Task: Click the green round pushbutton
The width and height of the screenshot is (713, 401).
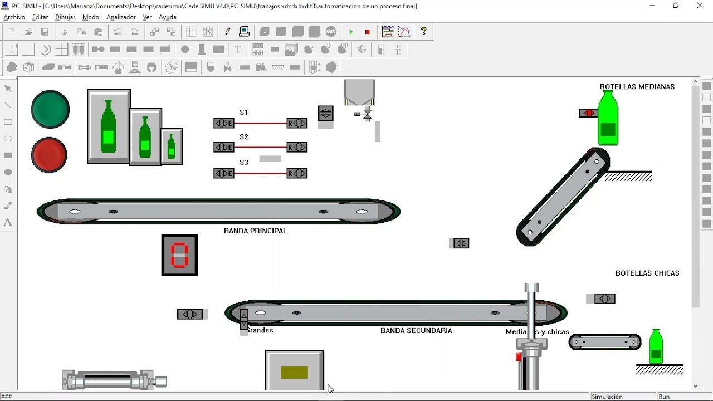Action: [51, 109]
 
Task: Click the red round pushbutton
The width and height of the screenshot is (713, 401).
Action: [50, 154]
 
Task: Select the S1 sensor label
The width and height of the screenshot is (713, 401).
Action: [243, 113]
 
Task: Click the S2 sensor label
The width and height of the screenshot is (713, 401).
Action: [243, 137]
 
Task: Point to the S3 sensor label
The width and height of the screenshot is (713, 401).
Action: [243, 163]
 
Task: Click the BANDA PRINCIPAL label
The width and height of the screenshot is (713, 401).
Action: [255, 231]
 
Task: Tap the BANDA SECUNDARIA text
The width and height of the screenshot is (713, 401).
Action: [416, 331]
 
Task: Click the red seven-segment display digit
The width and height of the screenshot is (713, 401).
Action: [179, 256]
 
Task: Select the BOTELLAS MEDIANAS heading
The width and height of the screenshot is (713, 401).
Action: [637, 87]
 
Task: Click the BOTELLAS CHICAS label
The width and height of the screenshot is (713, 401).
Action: [647, 273]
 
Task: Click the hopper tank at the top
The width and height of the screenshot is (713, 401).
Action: [359, 92]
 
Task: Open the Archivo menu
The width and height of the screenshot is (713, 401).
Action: [14, 17]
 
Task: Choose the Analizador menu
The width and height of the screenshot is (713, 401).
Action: [121, 17]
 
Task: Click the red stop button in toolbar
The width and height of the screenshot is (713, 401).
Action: [367, 32]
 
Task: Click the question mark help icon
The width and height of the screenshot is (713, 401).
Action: [424, 32]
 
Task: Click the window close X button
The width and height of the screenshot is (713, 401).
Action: [700, 6]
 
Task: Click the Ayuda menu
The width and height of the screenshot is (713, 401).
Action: [167, 17]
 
